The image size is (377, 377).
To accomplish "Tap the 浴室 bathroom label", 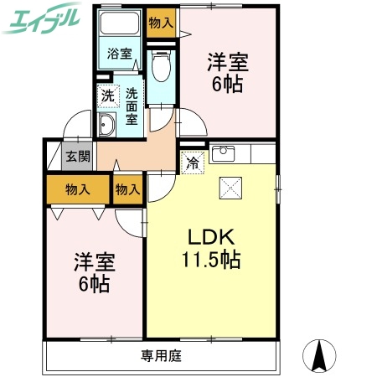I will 120,55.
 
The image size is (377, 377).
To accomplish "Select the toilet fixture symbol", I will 161,66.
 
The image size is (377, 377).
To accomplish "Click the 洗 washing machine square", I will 107,96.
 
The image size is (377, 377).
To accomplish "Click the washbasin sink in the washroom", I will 109,127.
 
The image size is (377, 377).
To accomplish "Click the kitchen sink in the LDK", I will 222,153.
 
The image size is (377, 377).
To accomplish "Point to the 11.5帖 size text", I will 212,260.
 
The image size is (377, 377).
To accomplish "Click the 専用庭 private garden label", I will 161,354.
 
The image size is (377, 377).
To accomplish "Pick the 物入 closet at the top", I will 160,23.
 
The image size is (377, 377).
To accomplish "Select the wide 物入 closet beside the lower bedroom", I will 78,190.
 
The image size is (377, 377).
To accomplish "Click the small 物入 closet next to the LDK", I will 127,190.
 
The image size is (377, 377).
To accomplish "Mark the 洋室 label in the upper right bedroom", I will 229,62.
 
